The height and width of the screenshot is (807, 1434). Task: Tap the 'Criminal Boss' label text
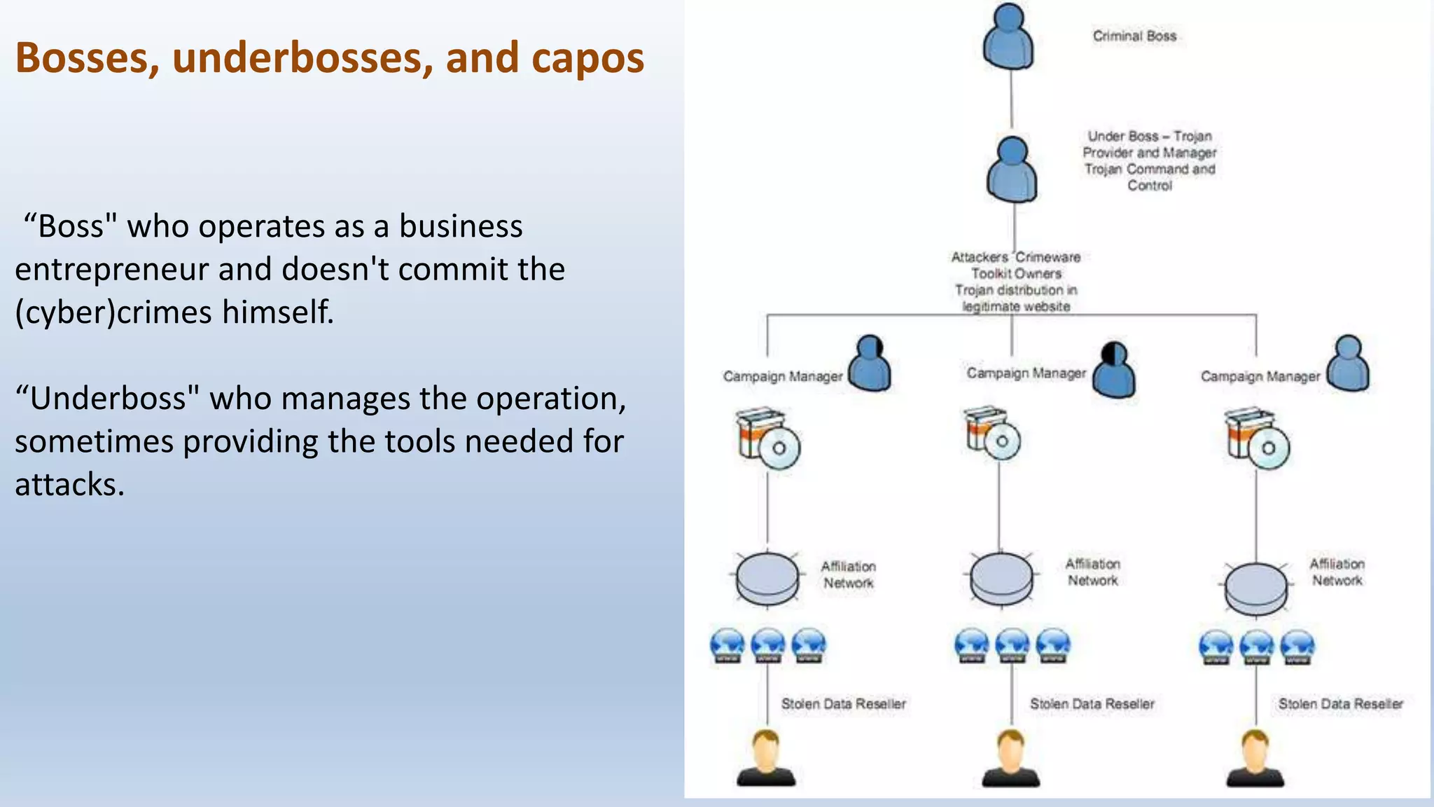pos(1134,36)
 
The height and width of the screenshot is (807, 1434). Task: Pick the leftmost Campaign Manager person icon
pos(870,364)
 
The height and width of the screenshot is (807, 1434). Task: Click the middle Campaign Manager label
pos(1026,373)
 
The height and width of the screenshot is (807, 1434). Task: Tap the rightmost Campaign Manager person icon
pos(1348,364)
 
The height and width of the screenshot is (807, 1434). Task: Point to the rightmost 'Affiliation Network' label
pos(1337,572)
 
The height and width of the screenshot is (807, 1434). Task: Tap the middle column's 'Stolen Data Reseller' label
pos(1092,704)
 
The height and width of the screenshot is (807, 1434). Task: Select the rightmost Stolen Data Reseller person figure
pos(1255,759)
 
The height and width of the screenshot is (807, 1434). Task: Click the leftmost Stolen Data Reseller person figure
pos(766,759)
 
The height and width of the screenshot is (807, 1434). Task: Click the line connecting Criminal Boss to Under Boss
pos(1011,98)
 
